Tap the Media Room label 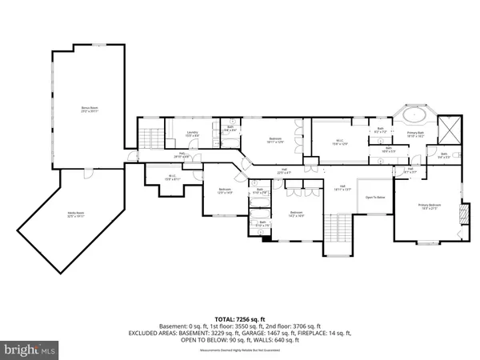76,214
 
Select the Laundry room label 192,134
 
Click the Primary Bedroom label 430,206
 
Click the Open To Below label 375,197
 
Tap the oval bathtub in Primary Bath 414,114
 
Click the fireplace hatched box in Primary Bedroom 461,214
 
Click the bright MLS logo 31,350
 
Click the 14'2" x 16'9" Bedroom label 296,214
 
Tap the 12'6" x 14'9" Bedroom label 225,190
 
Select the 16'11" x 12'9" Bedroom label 275,141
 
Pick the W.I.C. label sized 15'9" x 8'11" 171,178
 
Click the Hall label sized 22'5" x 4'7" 283,170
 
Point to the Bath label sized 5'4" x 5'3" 443,156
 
